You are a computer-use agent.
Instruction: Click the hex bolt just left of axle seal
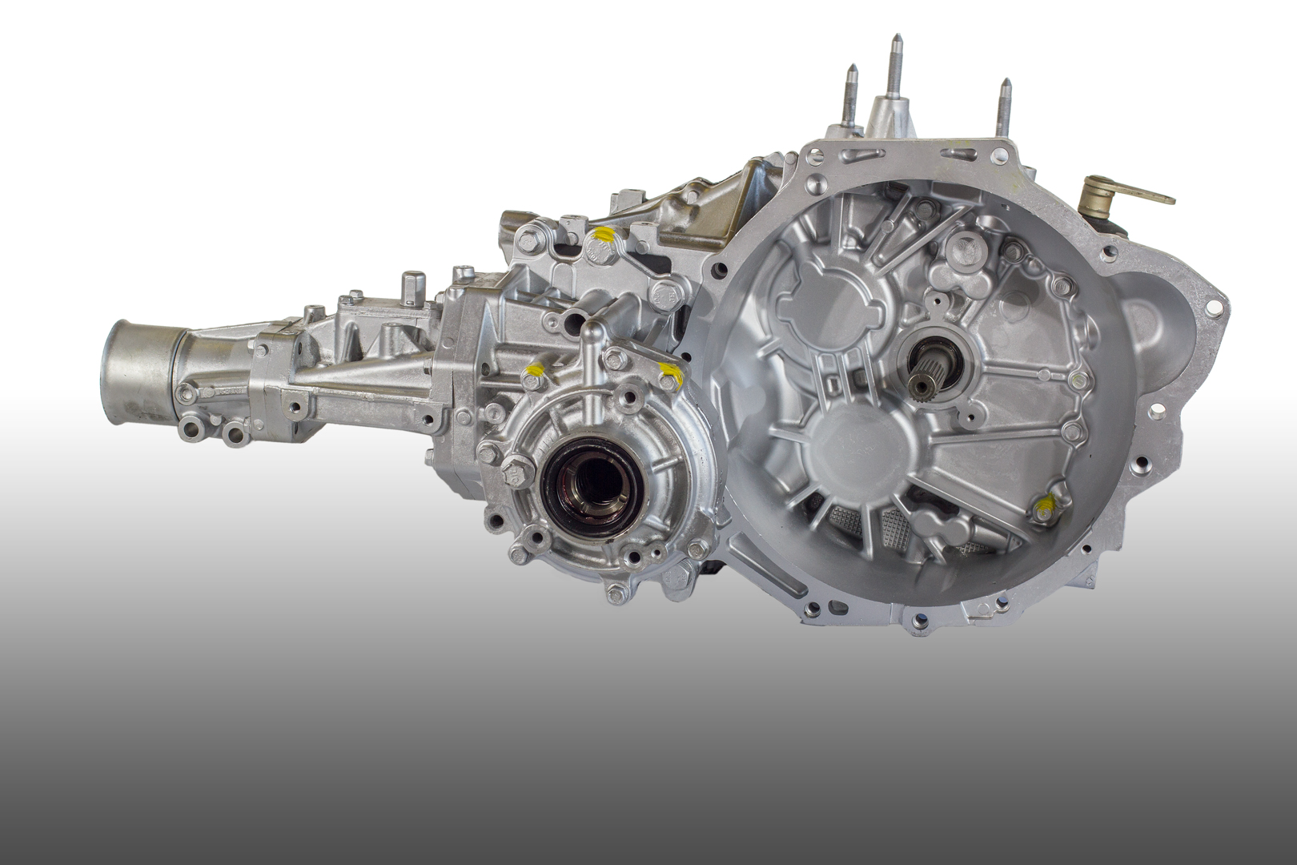pos(515,469)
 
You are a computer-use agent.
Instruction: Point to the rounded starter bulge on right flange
pos(1153,320)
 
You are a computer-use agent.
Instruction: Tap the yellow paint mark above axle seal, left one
pos(533,370)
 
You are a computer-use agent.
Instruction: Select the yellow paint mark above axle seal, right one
pos(669,372)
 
